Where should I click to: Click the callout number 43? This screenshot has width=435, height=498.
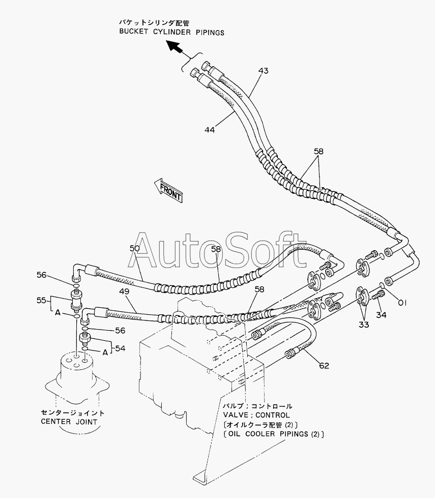[x=264, y=71]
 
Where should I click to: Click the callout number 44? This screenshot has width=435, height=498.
[x=210, y=130]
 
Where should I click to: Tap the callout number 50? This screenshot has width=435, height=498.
[x=135, y=248]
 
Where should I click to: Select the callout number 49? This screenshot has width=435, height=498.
[x=124, y=291]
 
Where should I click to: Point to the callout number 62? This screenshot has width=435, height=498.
[x=324, y=366]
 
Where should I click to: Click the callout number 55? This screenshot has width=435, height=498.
[x=41, y=300]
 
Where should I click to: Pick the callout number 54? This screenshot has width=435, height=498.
[x=120, y=348]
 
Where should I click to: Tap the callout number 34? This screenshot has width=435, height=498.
[x=381, y=315]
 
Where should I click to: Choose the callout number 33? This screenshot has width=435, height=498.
[x=364, y=325]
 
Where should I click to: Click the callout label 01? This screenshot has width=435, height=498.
[x=402, y=303]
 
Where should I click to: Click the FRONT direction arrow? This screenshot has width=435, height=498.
[x=168, y=190]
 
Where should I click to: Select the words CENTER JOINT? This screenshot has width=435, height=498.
[x=69, y=422]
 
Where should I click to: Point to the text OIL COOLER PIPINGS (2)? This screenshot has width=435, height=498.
[x=274, y=434]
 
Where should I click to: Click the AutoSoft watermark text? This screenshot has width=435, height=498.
[x=217, y=251]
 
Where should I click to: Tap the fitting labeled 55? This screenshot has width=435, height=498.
[x=76, y=299]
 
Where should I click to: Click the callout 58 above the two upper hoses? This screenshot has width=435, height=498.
[x=318, y=151]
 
